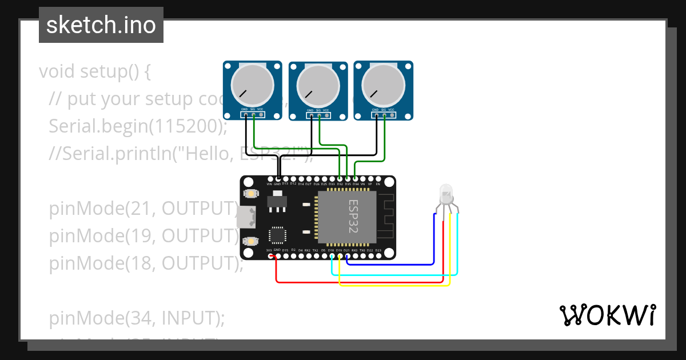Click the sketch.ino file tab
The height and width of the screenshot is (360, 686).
[101, 25]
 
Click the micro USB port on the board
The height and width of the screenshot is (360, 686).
[248, 217]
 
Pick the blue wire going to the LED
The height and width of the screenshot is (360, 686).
[400, 265]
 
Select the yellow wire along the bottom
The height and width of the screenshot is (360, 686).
[394, 285]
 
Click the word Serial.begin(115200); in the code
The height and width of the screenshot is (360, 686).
[138, 126]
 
